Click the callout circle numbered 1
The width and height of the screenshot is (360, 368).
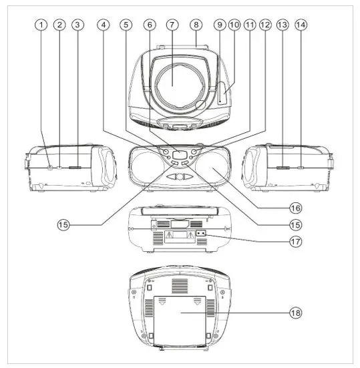point(41,25)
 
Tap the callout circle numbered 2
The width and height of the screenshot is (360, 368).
point(59,25)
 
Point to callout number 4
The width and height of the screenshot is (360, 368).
point(103,25)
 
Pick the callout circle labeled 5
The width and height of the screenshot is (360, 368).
point(127,25)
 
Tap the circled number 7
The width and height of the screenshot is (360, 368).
point(172,25)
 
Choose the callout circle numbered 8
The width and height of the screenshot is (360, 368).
point(196,25)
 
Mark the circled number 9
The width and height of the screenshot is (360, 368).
point(220,25)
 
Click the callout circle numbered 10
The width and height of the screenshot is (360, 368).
point(234,25)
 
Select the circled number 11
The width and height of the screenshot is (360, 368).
point(250,25)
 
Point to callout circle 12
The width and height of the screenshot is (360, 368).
point(265,25)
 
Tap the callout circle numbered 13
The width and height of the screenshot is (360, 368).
point(282,25)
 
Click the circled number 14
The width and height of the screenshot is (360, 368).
point(301,25)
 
